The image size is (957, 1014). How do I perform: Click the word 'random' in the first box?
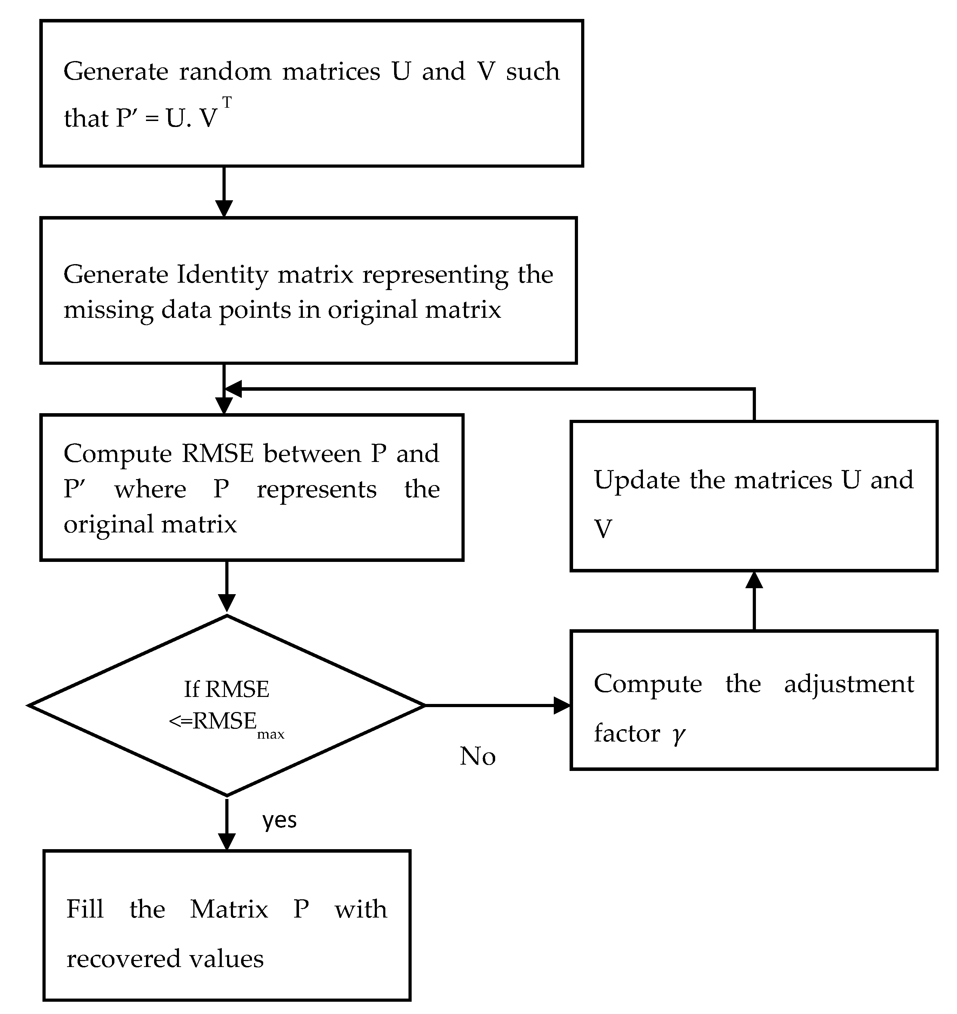coord(225,72)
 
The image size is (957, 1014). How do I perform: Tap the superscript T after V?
coord(227,103)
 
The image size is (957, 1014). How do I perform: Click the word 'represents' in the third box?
coord(317,490)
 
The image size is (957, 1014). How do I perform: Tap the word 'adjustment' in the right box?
coord(849,684)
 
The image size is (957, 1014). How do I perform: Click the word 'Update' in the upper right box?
coord(637,480)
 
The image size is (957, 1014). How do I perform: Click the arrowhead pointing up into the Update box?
coord(754,580)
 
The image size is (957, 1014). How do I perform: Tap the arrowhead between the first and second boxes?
coord(224,208)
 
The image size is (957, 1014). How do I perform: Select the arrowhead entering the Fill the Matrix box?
coord(227,841)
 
